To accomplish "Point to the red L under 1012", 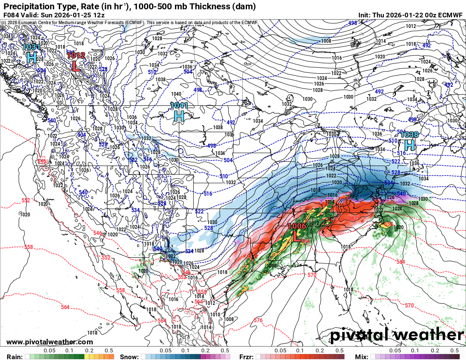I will coord(76,65).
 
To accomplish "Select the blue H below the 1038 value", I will coord(409,145).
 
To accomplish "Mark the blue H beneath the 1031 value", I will coord(31,57).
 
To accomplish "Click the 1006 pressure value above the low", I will coord(297,226).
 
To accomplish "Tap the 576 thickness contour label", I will coord(258,321).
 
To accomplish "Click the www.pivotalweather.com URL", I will coord(50,342).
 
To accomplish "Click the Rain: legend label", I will coord(13,357).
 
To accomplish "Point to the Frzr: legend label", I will coord(246,357).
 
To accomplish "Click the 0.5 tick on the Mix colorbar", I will coord(455,351).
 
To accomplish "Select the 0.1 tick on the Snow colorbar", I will coord(185,351).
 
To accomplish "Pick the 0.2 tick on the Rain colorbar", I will coord(89,351).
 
